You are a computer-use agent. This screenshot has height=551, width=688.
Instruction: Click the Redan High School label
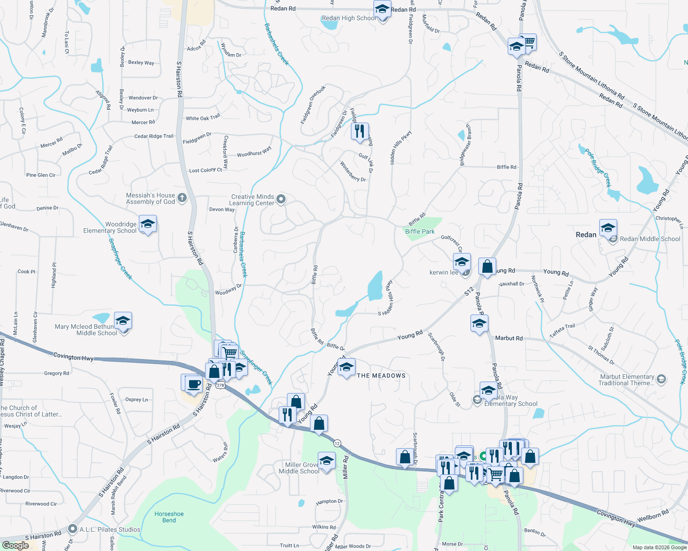click(348, 18)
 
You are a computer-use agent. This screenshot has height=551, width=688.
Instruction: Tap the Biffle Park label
click(420, 231)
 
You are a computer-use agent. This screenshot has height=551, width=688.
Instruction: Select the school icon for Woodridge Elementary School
click(148, 224)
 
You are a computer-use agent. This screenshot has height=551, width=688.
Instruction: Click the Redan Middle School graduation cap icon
click(608, 228)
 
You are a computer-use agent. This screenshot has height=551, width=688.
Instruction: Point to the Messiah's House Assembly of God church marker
click(182, 198)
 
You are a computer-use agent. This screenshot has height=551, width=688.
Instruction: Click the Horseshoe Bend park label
click(169, 517)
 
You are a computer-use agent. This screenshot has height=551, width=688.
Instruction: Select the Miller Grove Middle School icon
click(327, 461)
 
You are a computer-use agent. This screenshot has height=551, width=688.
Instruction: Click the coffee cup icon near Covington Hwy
click(194, 383)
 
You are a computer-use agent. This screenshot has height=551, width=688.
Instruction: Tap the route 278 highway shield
click(221, 385)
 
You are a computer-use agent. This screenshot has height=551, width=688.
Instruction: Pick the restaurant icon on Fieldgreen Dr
click(360, 131)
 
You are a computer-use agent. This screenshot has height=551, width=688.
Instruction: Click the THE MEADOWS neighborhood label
click(381, 376)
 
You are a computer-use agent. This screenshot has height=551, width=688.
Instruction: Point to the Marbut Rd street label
click(509, 338)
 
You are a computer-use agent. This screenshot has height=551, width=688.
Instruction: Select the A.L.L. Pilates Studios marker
click(72, 529)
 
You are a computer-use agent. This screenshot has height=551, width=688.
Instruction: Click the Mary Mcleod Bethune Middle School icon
click(123, 321)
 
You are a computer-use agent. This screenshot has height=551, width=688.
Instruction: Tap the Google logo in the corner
click(15, 545)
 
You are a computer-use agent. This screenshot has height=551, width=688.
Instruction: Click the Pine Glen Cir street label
click(41, 175)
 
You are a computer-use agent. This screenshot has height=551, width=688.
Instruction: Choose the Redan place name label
click(586, 235)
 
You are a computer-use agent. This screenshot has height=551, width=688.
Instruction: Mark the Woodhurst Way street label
click(254, 152)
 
